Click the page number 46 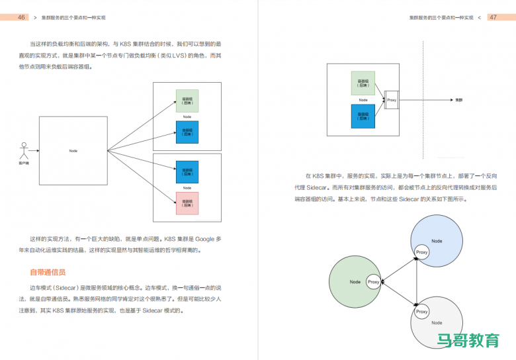pyautogui.click(x=22, y=17)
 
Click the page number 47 pyautogui.click(x=493, y=17)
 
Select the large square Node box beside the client pyautogui.click(x=73, y=151)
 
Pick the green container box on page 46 pyautogui.click(x=187, y=101)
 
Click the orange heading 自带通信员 pyautogui.click(x=48, y=272)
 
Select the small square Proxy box pyautogui.click(x=391, y=100)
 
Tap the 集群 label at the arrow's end pyautogui.click(x=458, y=100)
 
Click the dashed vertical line pyautogui.click(x=423, y=99)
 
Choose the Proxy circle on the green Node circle pyautogui.click(x=373, y=282)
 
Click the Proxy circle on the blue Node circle pyautogui.click(x=421, y=251)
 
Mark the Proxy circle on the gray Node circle pyautogui.click(x=421, y=312)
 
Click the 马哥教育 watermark pyautogui.click(x=468, y=341)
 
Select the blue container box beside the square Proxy pyautogui.click(x=363, y=116)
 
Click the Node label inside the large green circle pyautogui.click(x=355, y=282)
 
